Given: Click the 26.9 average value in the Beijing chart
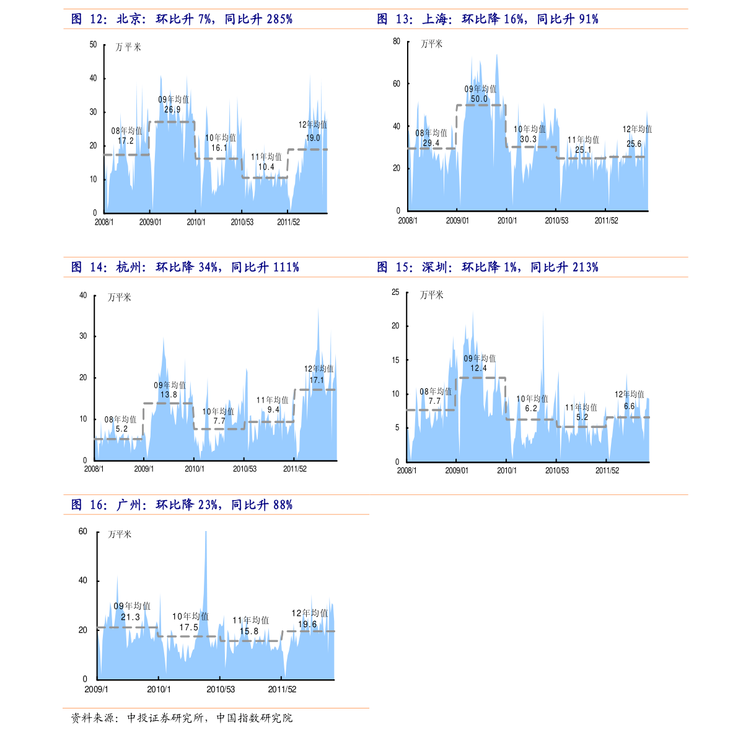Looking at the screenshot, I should click(x=172, y=110).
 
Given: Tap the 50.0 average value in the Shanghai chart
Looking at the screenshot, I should click(x=479, y=99).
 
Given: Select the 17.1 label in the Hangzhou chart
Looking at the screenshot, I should click(x=317, y=380).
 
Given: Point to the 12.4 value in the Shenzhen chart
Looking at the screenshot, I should click(x=478, y=368).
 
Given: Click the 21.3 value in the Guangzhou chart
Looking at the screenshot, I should click(x=130, y=617).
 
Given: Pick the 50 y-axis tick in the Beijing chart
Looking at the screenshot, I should click(x=94, y=45).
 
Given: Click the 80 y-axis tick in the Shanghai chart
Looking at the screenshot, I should click(x=397, y=42).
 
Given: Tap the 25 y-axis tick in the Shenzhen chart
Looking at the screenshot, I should click(x=395, y=292).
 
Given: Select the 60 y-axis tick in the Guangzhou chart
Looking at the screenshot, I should click(x=83, y=532).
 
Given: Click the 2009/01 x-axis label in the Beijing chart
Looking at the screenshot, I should click(x=150, y=222).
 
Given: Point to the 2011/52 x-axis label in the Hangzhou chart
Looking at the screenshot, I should click(x=295, y=469).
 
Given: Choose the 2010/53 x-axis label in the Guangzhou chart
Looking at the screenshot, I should click(x=221, y=689).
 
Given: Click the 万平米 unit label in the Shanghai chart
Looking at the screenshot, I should click(x=432, y=44).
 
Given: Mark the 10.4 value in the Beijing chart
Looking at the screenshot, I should click(x=266, y=167).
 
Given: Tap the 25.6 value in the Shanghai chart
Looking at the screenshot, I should click(x=634, y=144).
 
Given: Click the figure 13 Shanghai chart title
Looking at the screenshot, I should click(x=488, y=19).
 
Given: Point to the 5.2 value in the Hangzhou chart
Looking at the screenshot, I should click(x=121, y=429).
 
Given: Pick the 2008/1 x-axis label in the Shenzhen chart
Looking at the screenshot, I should click(x=406, y=471).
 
